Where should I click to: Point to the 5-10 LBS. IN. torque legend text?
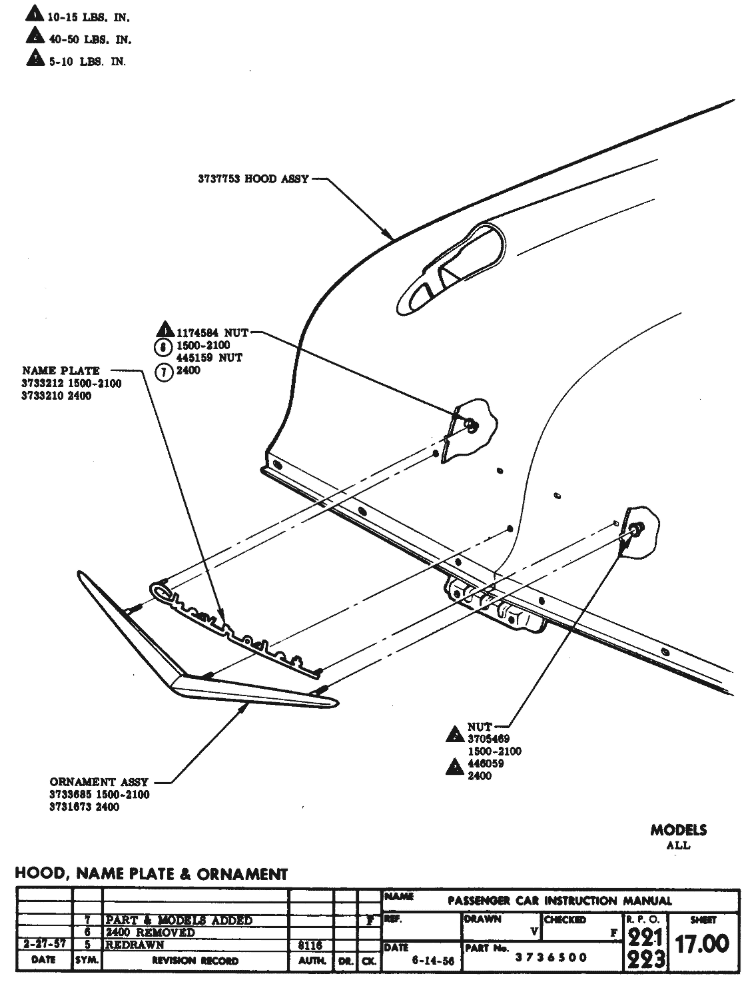tap(86, 61)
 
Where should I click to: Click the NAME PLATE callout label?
tap(61, 370)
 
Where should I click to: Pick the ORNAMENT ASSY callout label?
tap(99, 782)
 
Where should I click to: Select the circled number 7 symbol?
tap(163, 372)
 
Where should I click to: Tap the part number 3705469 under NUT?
tap(488, 739)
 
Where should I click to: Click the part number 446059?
tap(486, 763)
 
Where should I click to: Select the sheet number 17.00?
tap(701, 943)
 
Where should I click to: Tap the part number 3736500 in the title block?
tap(551, 957)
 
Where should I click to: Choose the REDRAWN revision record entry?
tap(135, 945)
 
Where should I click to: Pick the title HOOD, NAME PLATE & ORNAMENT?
tap(151, 873)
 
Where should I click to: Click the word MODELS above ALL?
tap(678, 830)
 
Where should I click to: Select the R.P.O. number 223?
tap(645, 959)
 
